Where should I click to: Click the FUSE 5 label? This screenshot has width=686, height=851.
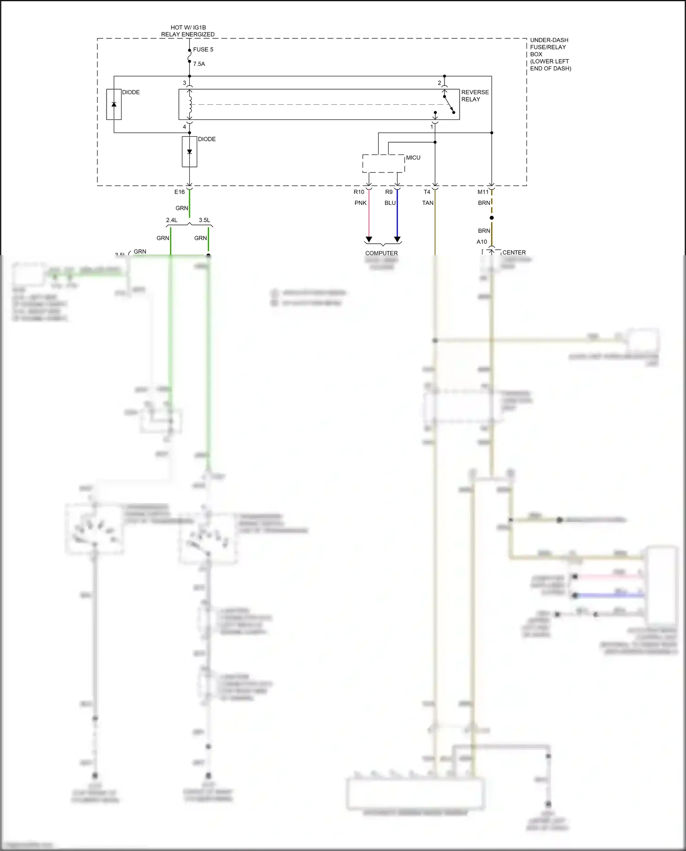(203, 49)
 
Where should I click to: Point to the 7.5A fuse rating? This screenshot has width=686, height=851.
(199, 64)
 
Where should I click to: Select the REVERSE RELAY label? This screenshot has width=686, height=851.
(475, 96)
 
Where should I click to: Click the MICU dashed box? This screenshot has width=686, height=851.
(383, 164)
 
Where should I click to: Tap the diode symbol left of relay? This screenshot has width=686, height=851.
(114, 104)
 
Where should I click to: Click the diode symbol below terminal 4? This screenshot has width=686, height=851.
(189, 151)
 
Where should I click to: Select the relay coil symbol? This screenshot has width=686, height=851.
(190, 104)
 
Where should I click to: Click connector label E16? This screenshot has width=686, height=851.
(179, 192)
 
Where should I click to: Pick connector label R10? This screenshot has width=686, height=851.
(359, 192)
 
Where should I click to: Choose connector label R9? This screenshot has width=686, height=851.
(389, 192)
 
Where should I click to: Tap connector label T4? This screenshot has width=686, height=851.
(427, 192)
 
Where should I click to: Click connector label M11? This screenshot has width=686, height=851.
(483, 192)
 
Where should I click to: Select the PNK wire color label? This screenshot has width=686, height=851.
(360, 203)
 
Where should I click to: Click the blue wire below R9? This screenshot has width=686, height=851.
(397, 219)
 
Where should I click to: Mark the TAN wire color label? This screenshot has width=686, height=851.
(428, 203)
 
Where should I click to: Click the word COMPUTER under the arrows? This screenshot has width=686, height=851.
(381, 253)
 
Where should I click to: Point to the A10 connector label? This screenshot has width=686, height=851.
(482, 242)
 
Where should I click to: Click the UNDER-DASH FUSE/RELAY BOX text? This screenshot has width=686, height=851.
(550, 54)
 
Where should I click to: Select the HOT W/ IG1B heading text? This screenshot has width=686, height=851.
(188, 28)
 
